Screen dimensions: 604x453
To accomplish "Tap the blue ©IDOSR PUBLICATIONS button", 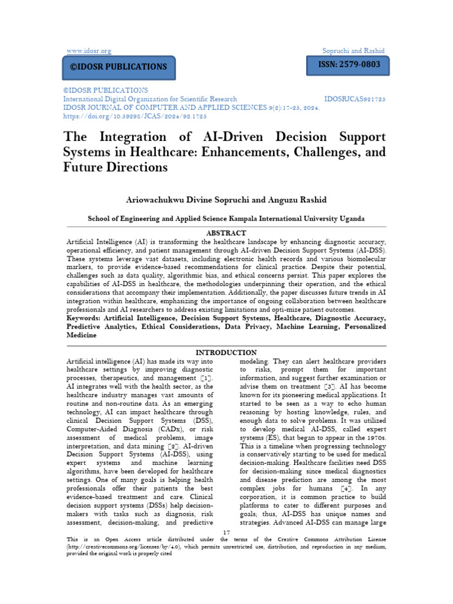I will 119,67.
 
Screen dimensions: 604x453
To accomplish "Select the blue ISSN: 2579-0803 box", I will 347,65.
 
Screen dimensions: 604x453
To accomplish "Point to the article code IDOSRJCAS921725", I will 355,99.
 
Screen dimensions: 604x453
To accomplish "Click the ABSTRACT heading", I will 225,233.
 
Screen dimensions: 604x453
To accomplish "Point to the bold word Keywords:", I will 84,318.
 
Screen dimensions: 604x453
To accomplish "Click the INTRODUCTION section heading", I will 226,352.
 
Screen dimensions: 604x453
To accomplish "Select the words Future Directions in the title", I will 116,167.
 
